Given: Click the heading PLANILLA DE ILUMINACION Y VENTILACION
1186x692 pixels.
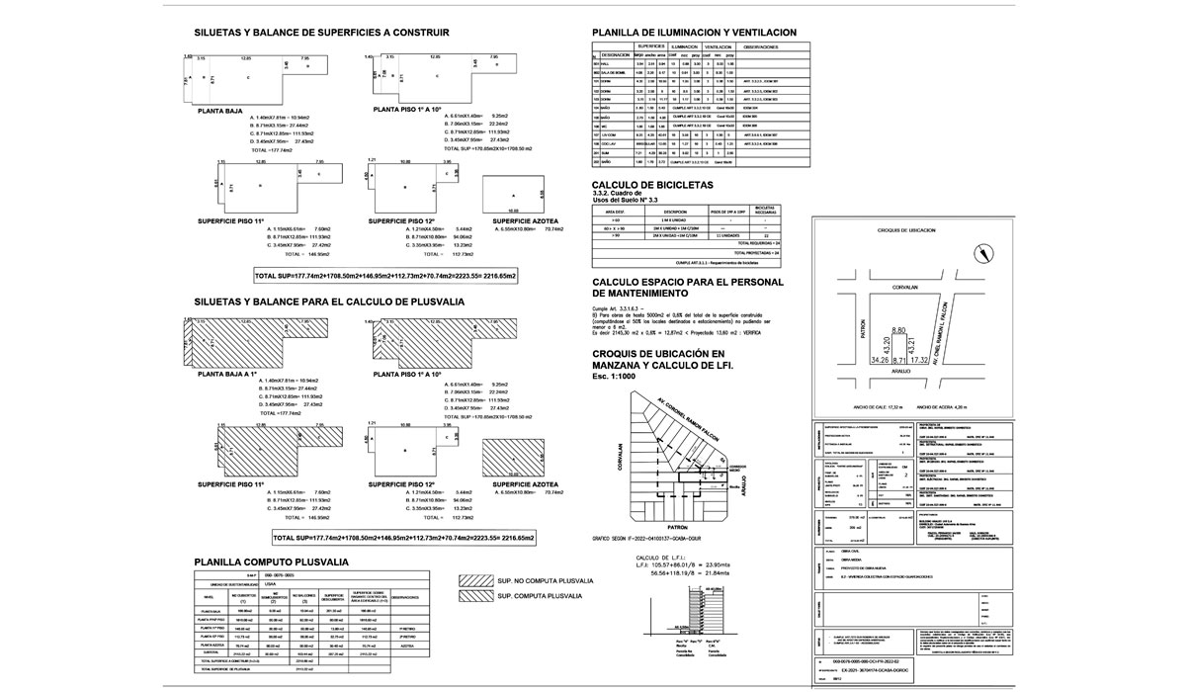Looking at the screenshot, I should pyautogui.click(x=693, y=33).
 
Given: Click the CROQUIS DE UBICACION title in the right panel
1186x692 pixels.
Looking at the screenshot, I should pyautogui.click(x=905, y=229).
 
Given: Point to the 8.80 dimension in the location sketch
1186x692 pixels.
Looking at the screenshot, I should pyautogui.click(x=898, y=330).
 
